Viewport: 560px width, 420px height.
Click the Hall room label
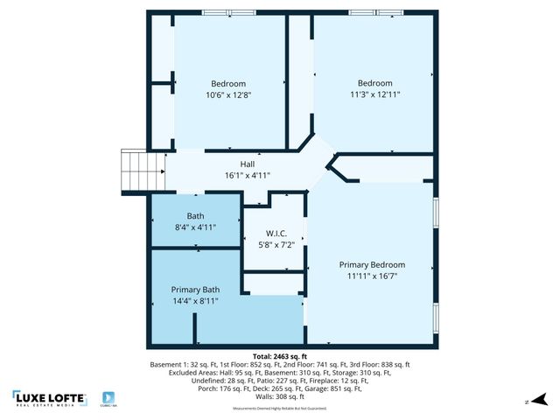tap(248, 164)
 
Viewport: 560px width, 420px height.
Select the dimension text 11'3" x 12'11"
tap(374, 94)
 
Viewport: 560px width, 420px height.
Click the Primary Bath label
tap(195, 290)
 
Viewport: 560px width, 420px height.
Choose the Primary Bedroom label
tap(372, 264)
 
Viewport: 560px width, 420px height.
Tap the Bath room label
tap(195, 215)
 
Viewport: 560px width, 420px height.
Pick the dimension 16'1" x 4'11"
tap(248, 175)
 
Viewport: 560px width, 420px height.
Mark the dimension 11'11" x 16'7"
tap(372, 276)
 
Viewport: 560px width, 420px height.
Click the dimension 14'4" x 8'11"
tap(195, 301)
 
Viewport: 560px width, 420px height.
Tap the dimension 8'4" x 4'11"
tap(195, 227)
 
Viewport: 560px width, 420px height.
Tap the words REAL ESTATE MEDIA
tap(49, 406)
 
